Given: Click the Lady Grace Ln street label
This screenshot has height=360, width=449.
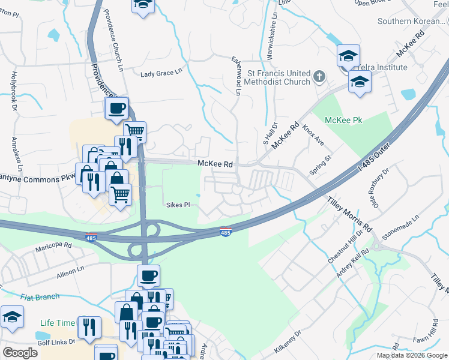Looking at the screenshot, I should tap(161, 73).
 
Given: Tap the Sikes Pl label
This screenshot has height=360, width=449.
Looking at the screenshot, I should tap(178, 205).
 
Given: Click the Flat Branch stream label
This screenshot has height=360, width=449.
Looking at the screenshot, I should tap(40, 296).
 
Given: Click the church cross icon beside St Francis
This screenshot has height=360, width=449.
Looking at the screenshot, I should tap(319, 77).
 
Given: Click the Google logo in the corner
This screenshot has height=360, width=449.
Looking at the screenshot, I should tap(20, 353).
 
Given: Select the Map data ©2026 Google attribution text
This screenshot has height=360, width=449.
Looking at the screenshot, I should tap(412, 355).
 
